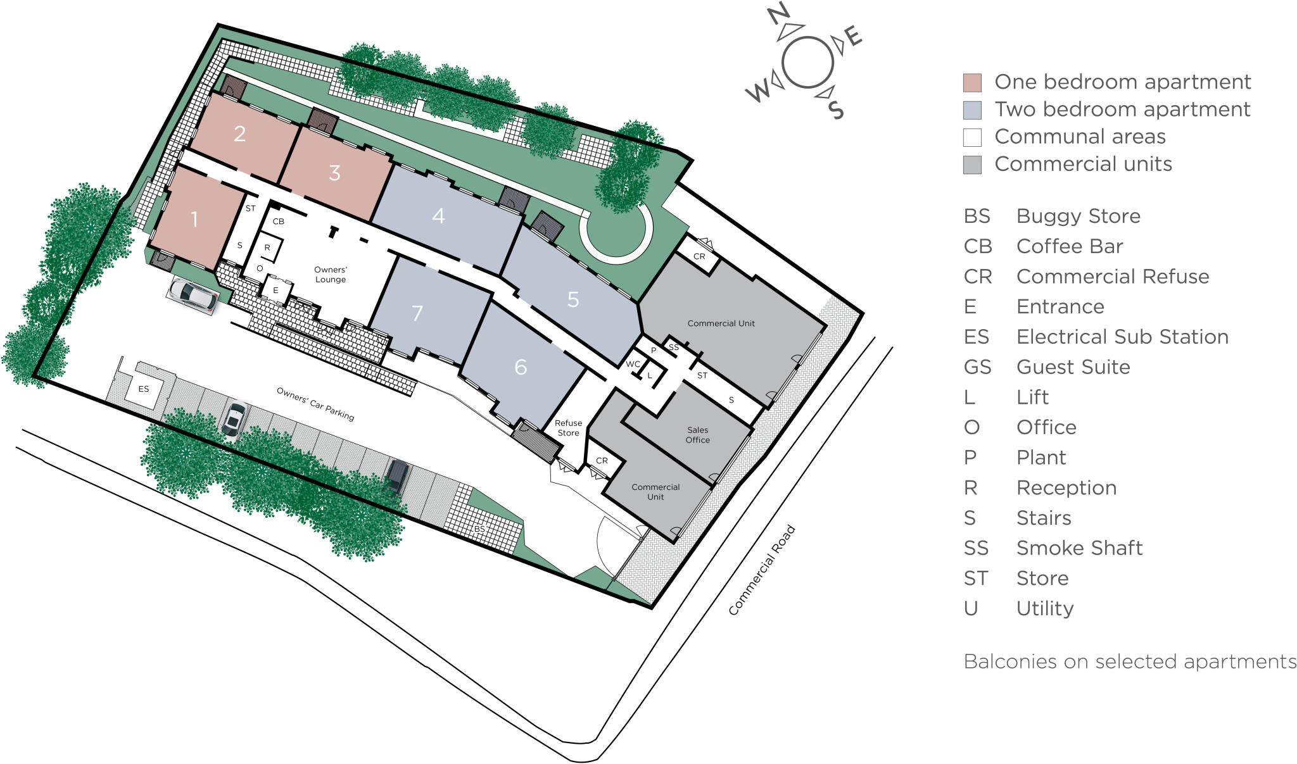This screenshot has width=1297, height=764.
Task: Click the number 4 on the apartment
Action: tap(438, 216)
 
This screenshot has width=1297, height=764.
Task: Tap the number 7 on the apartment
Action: tap(417, 313)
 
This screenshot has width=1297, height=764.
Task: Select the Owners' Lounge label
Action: tap(331, 275)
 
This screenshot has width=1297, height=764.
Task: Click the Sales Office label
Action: tap(697, 435)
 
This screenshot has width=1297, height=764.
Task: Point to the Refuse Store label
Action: tap(568, 428)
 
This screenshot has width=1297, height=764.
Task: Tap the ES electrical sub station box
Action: tap(144, 389)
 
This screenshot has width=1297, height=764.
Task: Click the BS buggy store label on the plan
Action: tap(479, 529)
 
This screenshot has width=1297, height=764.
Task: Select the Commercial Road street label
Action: tap(761, 570)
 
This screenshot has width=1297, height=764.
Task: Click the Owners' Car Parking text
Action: tap(315, 404)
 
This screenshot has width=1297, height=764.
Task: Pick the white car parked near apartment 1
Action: tap(192, 295)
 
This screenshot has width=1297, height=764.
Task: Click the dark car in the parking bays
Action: tap(397, 475)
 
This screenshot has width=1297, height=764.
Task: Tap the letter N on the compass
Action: tap(778, 13)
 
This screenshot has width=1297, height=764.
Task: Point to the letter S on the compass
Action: tap(837, 110)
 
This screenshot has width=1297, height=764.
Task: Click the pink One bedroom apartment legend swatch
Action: tap(972, 82)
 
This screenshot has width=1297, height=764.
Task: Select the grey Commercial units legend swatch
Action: tap(972, 165)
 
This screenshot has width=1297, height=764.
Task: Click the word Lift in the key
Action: tap(1032, 398)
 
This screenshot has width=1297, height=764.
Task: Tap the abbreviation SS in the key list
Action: tap(976, 548)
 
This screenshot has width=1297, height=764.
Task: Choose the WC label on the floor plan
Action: tap(633, 364)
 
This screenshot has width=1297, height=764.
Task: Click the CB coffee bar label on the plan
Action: tap(278, 222)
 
